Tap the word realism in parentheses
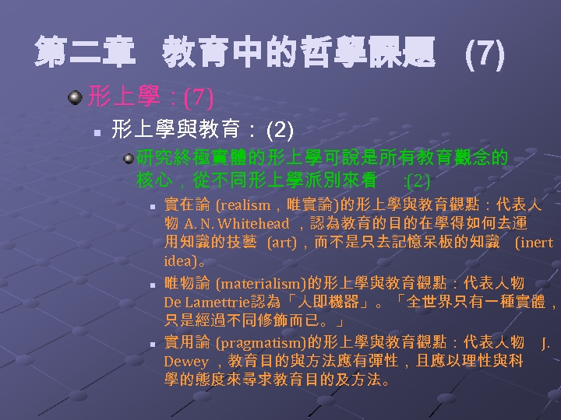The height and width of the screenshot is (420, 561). point(244,205)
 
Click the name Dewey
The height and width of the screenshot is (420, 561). point(185,362)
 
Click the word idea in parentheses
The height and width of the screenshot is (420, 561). point(180,261)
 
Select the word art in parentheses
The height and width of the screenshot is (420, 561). point(281,243)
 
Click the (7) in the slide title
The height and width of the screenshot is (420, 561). point(484,54)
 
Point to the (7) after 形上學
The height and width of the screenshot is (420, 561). point(198,98)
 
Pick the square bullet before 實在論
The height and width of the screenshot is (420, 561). point(153,208)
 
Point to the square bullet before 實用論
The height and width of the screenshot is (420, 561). point(153,344)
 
